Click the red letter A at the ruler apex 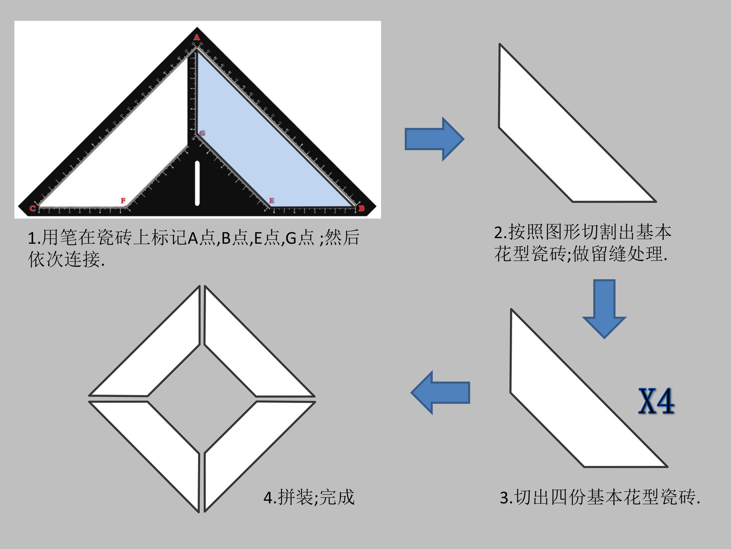197,37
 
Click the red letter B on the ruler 361,208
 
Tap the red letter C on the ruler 33,208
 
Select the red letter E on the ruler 271,201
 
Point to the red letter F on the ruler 123,201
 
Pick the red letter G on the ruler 202,133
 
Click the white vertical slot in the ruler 197,183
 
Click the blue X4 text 656,401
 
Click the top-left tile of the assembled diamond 160,355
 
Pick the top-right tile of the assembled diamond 244,355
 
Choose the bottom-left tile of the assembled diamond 160,442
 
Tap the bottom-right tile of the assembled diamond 244,442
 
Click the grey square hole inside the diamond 202,399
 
